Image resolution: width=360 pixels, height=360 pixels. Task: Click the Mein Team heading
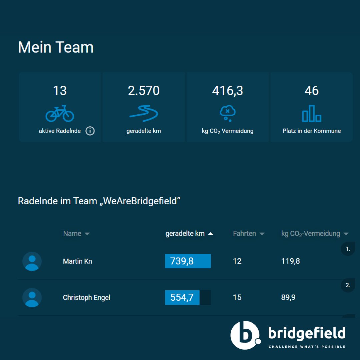point(56,47)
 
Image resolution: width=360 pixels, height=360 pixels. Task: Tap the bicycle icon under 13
point(60,114)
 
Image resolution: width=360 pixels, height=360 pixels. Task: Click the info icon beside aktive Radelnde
point(90,131)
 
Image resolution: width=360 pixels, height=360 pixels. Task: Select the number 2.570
point(144,91)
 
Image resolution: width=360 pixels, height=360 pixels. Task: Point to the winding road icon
point(144,114)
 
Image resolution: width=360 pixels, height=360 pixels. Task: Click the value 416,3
point(228,91)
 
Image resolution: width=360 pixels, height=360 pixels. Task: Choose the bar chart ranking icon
point(312,114)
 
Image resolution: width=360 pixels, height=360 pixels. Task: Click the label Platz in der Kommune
point(312,131)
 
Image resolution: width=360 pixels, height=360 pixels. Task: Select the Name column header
point(72,234)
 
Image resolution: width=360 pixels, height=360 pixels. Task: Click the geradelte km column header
point(185,234)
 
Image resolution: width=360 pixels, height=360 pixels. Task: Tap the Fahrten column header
point(245,234)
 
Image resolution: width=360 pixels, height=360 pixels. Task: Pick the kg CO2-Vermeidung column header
point(311,234)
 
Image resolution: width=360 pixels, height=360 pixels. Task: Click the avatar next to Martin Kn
point(32,261)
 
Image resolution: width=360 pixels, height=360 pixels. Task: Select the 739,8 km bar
point(188,261)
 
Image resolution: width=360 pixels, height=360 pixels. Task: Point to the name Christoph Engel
point(87,298)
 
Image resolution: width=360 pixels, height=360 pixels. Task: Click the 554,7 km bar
point(182,297)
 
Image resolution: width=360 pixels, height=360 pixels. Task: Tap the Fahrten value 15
point(237,297)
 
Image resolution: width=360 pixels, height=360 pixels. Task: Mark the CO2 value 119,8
point(291,261)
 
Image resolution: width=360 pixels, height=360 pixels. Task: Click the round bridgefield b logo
point(245,335)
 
